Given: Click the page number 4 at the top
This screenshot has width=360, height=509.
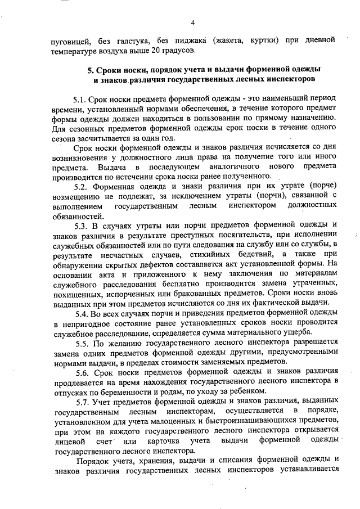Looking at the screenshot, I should pos(192,23).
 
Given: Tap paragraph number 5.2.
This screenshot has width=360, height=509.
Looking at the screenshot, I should pos(83,186).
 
